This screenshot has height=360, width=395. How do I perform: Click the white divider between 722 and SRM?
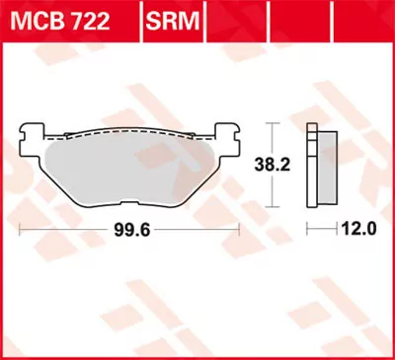click(139, 21)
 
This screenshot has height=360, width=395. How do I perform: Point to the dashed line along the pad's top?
click(128, 138)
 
